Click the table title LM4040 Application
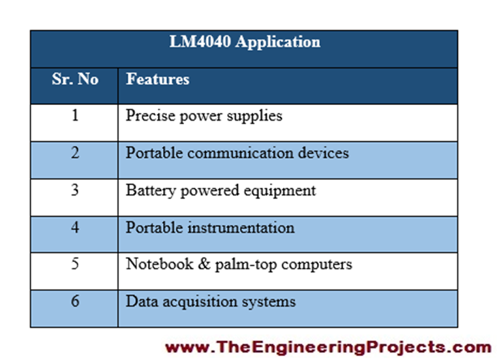[x=245, y=42]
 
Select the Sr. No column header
[x=75, y=80]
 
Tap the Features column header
[x=157, y=80]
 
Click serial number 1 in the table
[x=75, y=116]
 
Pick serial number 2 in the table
[x=75, y=153]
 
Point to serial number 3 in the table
[x=75, y=190]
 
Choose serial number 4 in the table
[x=75, y=228]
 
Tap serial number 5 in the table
[x=75, y=264]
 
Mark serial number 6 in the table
[x=75, y=301]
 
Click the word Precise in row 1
[x=146, y=116]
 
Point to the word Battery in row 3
[x=147, y=190]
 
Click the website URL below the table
[x=327, y=346]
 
